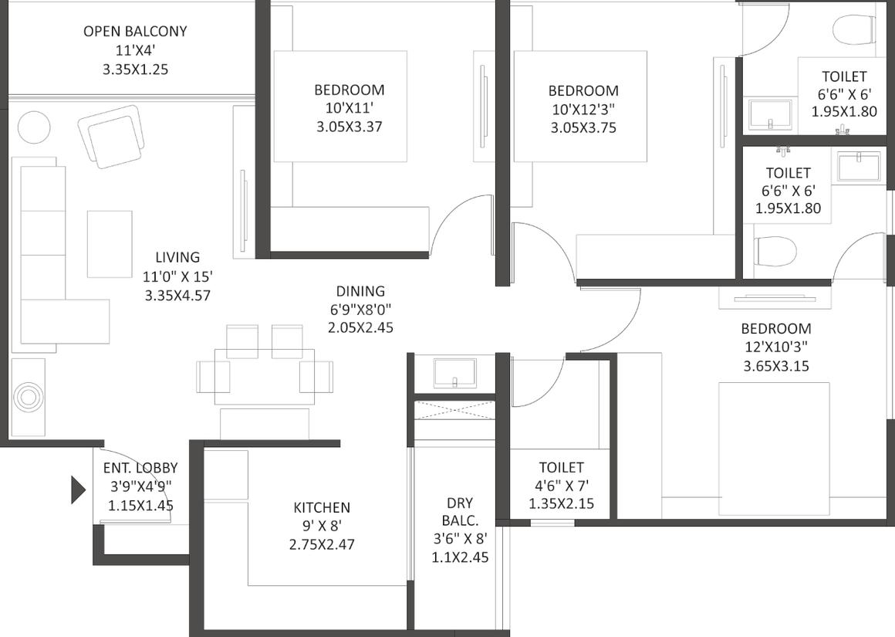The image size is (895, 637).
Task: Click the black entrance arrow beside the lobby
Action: pyautogui.click(x=78, y=490)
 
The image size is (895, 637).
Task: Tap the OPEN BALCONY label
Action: pyautogui.click(x=135, y=31)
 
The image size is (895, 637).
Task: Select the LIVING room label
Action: pyautogui.click(x=177, y=257)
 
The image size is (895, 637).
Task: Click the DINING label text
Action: pyautogui.click(x=360, y=291)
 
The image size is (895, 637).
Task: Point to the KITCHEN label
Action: pyautogui.click(x=322, y=507)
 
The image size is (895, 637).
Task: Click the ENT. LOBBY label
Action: pyautogui.click(x=140, y=468)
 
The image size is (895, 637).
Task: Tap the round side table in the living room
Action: pyautogui.click(x=34, y=127)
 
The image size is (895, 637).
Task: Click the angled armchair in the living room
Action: pyautogui.click(x=111, y=137)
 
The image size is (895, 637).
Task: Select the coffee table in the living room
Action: pyautogui.click(x=110, y=244)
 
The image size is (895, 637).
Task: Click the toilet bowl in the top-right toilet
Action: pyautogui.click(x=853, y=29)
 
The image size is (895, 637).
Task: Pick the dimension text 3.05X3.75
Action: pyautogui.click(x=583, y=127)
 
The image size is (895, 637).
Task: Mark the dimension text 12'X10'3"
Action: pyautogui.click(x=776, y=347)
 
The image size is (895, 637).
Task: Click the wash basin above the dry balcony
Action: pyautogui.click(x=455, y=373)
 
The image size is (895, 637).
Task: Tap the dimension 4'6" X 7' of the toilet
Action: pyautogui.click(x=562, y=486)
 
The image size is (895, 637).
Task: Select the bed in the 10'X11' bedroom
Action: pyautogui.click(x=340, y=107)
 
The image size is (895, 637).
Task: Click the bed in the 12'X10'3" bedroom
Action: pyautogui.click(x=774, y=449)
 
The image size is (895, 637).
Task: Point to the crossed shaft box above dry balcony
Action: pyautogui.click(x=455, y=410)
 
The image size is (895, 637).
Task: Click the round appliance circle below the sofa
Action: pyautogui.click(x=28, y=397)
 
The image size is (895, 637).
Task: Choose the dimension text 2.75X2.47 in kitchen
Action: pyautogui.click(x=322, y=544)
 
